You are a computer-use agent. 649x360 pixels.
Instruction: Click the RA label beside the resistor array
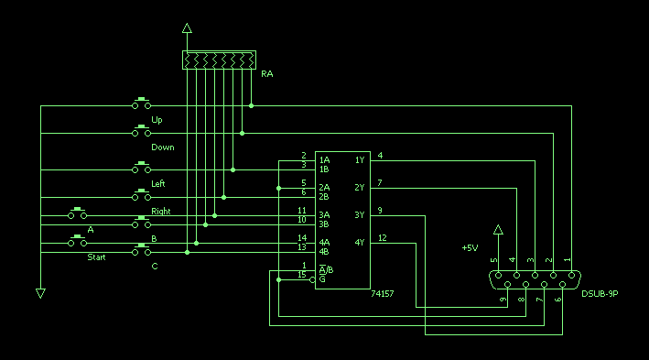[267, 74]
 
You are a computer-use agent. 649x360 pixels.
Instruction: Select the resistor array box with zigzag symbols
[219, 60]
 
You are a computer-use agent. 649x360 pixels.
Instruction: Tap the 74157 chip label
[383, 294]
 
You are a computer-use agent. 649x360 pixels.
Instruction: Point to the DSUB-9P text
[600, 294]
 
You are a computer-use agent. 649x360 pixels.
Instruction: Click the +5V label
[470, 247]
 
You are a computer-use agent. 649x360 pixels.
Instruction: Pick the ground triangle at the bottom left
[40, 293]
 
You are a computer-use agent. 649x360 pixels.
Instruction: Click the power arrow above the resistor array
[187, 28]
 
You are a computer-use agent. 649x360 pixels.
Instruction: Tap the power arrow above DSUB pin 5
[498, 230]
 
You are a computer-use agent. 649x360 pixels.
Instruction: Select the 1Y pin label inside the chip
[360, 160]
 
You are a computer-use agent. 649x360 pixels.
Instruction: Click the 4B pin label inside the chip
[324, 252]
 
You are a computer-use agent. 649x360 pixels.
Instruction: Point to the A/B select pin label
[326, 270]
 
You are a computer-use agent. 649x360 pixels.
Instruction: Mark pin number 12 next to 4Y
[383, 238]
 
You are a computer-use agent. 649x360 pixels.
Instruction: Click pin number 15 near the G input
[302, 275]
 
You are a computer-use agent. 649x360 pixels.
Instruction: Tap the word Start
[96, 257]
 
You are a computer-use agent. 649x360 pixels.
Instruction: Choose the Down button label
[163, 147]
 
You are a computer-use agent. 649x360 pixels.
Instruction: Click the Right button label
[161, 212]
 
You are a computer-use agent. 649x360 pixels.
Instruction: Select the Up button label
[157, 120]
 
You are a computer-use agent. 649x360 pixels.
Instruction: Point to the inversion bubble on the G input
[312, 280]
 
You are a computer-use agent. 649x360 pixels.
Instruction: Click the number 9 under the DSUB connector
[503, 300]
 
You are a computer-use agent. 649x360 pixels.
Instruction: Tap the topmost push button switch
[142, 104]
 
